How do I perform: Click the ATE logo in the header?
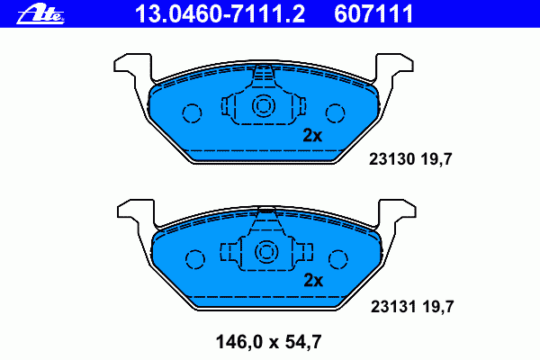pos(40,14)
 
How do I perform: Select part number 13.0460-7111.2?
pos(220,13)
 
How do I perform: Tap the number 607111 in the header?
pos(373,13)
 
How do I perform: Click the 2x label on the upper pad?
pos(312,135)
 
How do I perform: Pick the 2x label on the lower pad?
pos(313,281)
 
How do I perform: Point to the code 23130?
pos(391,159)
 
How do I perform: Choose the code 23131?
pos(393,307)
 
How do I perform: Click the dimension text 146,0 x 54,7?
pos(268,342)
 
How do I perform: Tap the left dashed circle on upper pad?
pos(192,113)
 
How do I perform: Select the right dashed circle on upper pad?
pos(335,113)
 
